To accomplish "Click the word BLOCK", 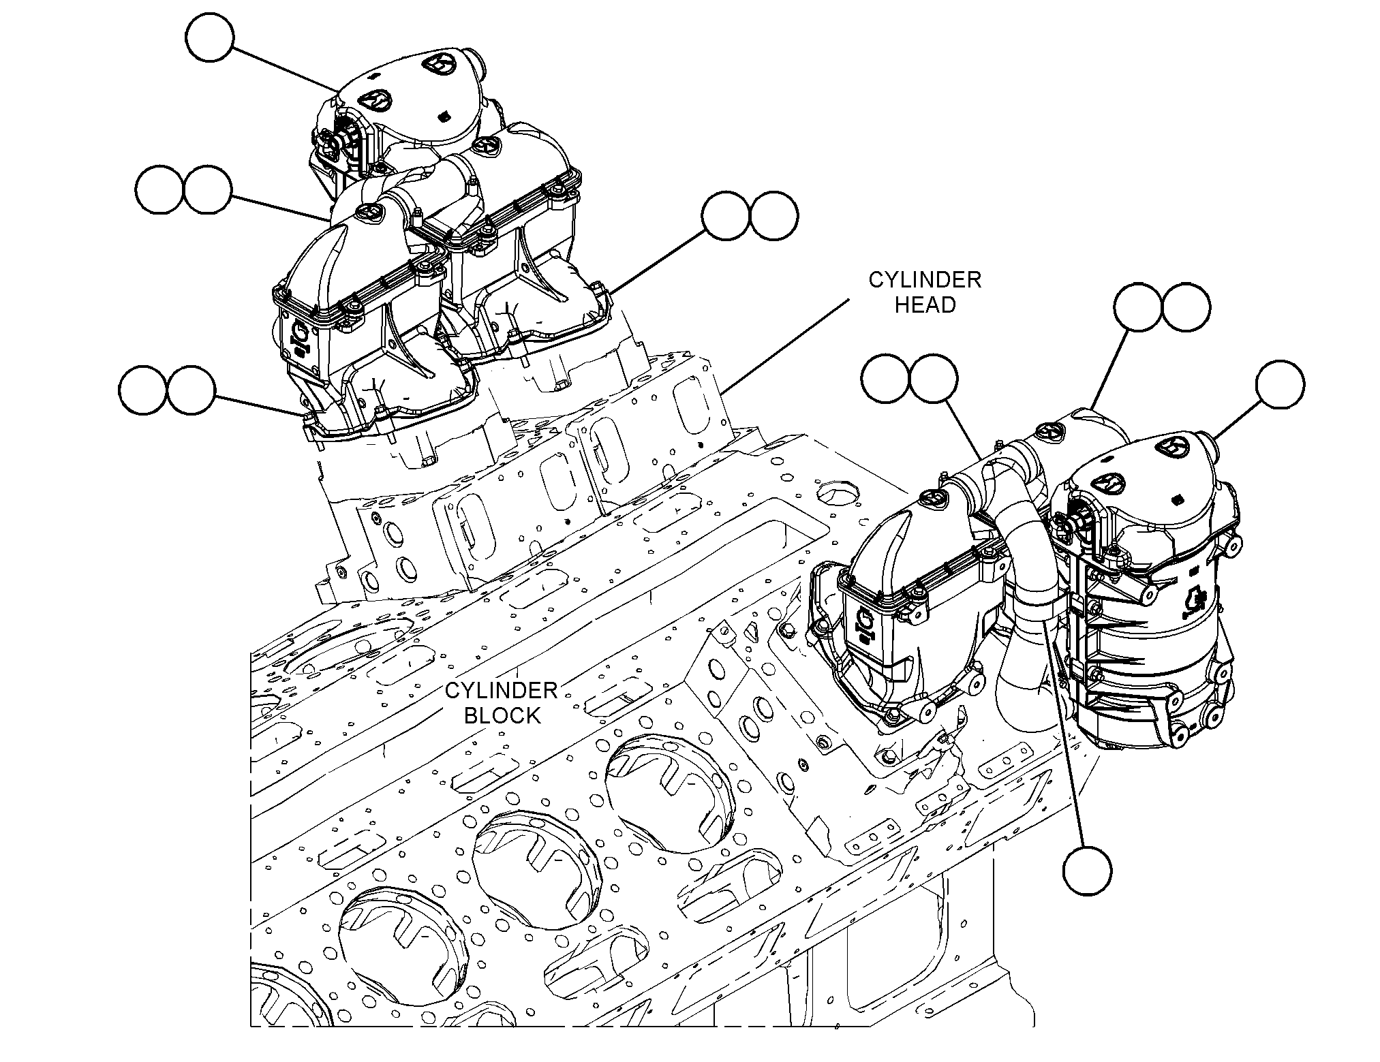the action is tap(502, 715).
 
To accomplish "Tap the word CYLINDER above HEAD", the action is tap(925, 279).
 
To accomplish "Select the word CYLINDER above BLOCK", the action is tap(502, 690).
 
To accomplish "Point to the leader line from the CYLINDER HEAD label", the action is tap(786, 346).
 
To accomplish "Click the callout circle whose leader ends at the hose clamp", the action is tap(1087, 870).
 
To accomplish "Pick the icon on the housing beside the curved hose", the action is tap(866, 624).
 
